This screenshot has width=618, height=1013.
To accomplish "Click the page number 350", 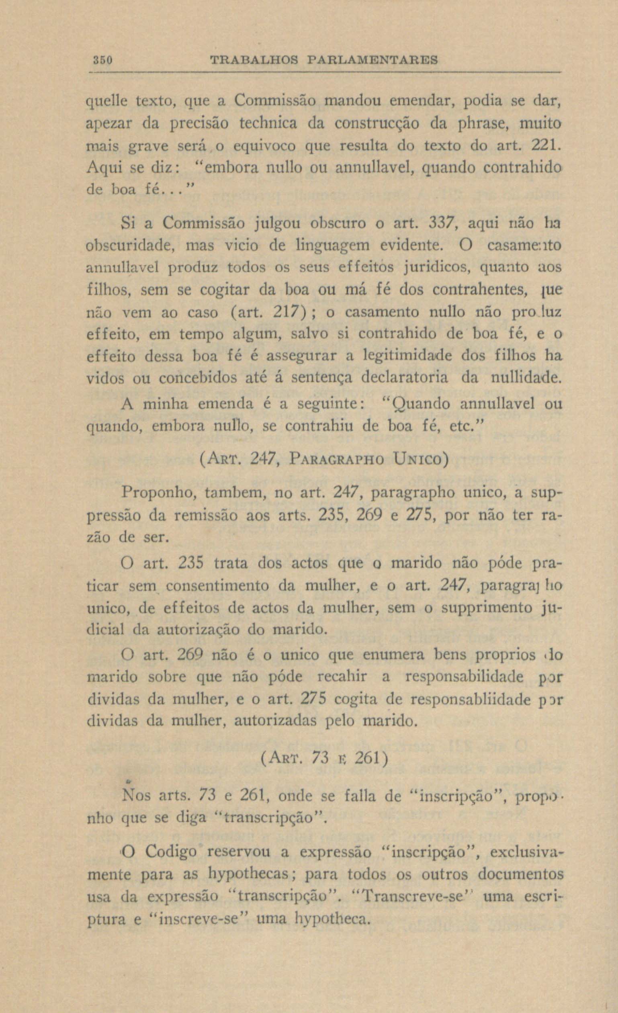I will click(102, 60).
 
